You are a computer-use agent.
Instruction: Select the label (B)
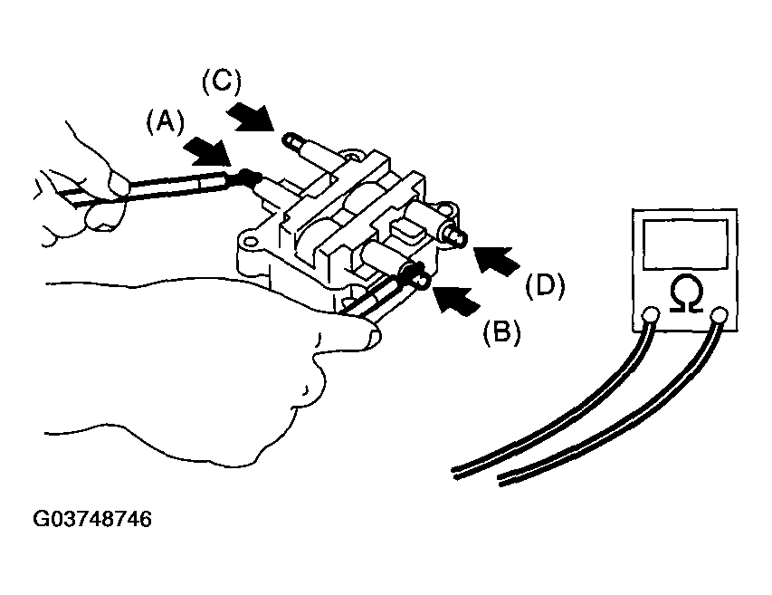[501, 332]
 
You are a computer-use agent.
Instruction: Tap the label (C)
[222, 82]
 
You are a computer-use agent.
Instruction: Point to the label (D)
[545, 285]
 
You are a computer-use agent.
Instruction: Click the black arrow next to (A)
[208, 151]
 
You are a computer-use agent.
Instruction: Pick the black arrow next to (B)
[455, 300]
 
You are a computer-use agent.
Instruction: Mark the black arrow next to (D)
[497, 261]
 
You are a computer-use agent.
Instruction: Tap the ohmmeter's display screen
[685, 244]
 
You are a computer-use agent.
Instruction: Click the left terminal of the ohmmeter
[651, 315]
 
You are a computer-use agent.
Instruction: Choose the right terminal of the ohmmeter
[720, 315]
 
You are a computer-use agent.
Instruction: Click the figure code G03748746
[92, 519]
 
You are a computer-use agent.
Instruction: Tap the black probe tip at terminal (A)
[248, 176]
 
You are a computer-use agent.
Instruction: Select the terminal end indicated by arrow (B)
[424, 282]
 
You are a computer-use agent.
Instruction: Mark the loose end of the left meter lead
[454, 474]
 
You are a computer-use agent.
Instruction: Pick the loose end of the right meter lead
[500, 481]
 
